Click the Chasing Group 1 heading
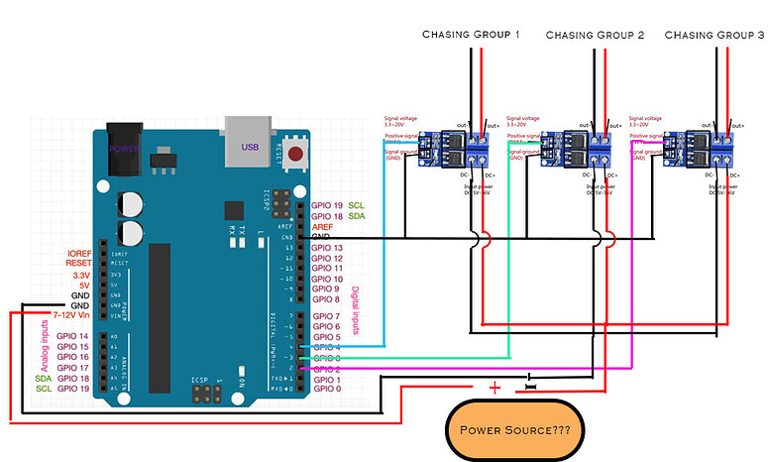coord(472,34)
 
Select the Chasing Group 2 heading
coord(595,35)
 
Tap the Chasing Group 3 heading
coord(714,34)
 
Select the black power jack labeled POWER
coord(124,150)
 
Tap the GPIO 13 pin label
coord(327,247)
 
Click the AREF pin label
coord(323,226)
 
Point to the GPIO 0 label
coord(327,389)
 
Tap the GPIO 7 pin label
coord(327,315)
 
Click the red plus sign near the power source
coord(495,386)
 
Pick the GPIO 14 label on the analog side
coord(74,336)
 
